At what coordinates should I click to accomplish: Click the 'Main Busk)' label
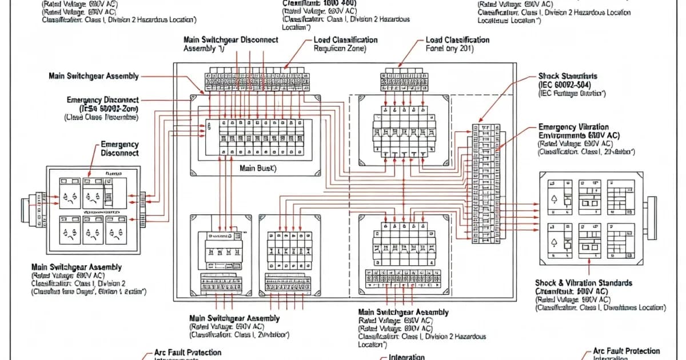pos(257,169)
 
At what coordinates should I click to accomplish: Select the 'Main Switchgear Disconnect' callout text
pos(231,40)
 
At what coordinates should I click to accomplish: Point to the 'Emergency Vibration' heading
pos(573,127)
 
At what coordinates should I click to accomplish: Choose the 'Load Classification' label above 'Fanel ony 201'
pos(457,40)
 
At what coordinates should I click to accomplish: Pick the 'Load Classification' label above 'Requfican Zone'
pos(345,40)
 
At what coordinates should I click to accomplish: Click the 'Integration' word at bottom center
pos(406,357)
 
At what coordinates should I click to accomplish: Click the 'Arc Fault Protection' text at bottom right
pos(626,351)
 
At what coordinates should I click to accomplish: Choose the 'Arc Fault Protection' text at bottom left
pos(188,353)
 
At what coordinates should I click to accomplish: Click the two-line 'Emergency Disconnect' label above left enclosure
pos(119,149)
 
